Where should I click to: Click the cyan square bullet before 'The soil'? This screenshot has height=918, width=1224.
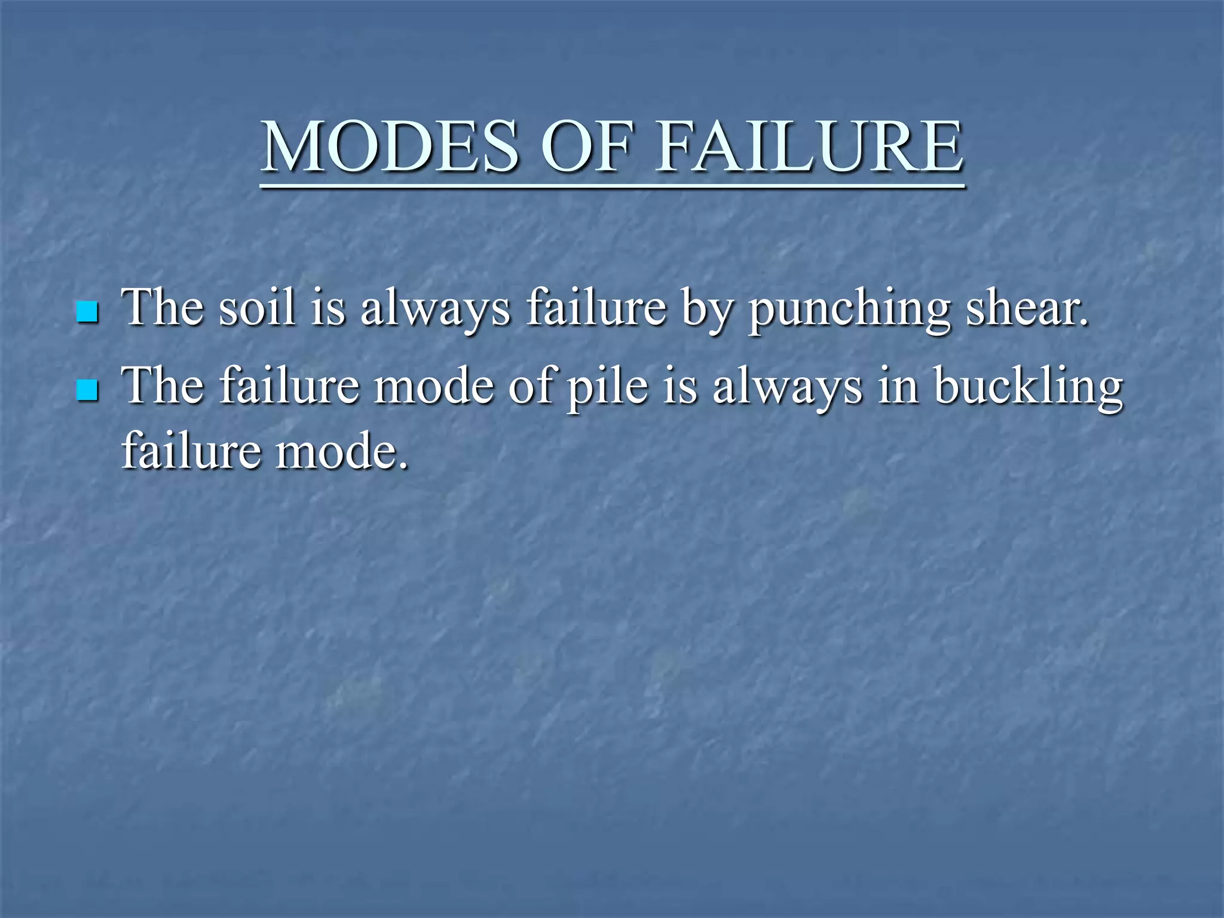(x=87, y=311)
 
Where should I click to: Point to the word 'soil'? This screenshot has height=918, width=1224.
(x=257, y=308)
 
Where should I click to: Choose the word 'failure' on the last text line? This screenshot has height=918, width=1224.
(x=191, y=451)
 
